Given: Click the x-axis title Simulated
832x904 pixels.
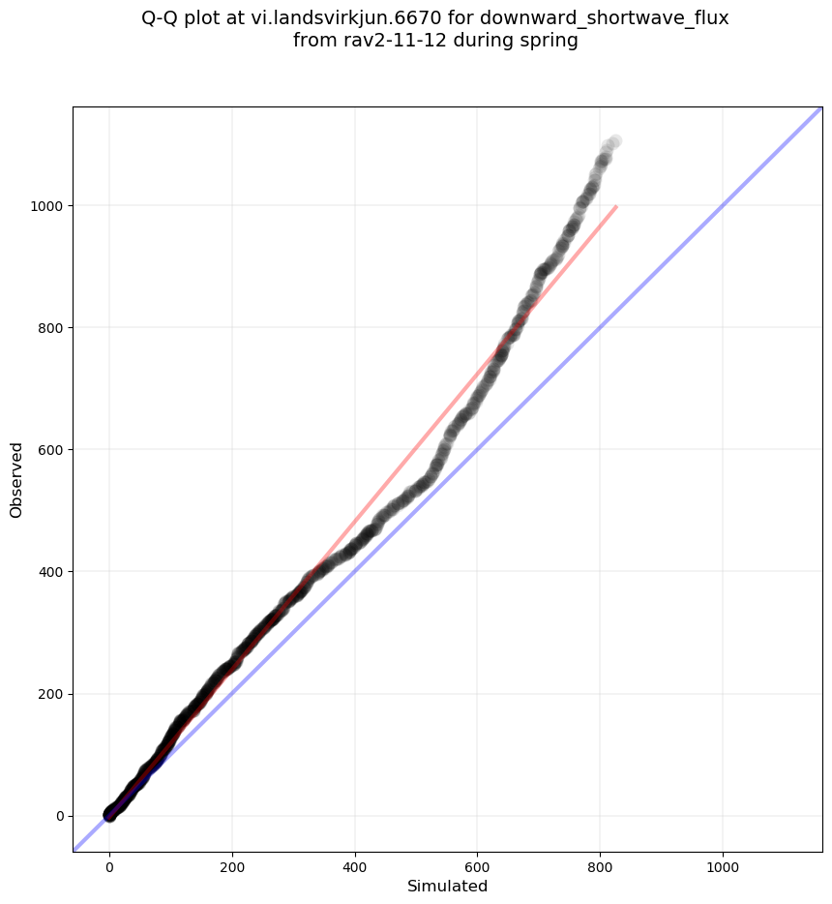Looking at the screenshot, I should (x=447, y=887).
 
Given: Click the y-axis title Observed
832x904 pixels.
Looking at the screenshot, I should (x=16, y=479).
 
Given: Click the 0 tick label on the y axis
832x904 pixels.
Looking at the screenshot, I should (x=58, y=816).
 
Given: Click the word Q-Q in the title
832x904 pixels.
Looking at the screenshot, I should (x=161, y=19).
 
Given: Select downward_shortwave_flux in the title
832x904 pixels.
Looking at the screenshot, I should (x=609, y=19).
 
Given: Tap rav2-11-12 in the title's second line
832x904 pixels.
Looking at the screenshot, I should (x=381, y=41).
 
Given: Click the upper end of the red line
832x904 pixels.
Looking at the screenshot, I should (x=616, y=206).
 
